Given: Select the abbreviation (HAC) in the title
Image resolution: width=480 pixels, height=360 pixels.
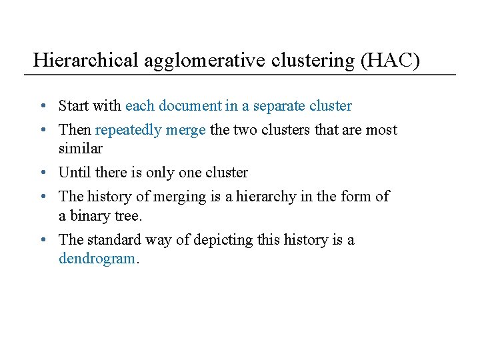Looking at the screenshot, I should pyautogui.click(x=390, y=61).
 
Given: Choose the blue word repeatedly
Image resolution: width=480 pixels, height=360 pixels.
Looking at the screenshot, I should pyautogui.click(x=129, y=129).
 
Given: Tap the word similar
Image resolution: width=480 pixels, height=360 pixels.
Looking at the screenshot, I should pyautogui.click(x=80, y=148).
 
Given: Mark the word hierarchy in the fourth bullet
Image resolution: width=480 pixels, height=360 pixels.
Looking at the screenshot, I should pyautogui.click(x=261, y=197).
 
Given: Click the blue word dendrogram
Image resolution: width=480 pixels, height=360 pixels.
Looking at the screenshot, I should pyautogui.click(x=97, y=259).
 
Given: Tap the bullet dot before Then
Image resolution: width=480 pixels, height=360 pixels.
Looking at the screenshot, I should pyautogui.click(x=42, y=130).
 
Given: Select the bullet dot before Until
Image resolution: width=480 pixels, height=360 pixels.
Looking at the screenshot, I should pyautogui.click(x=42, y=173).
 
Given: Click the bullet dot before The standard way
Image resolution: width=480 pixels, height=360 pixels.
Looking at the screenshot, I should pyautogui.click(x=42, y=240).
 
